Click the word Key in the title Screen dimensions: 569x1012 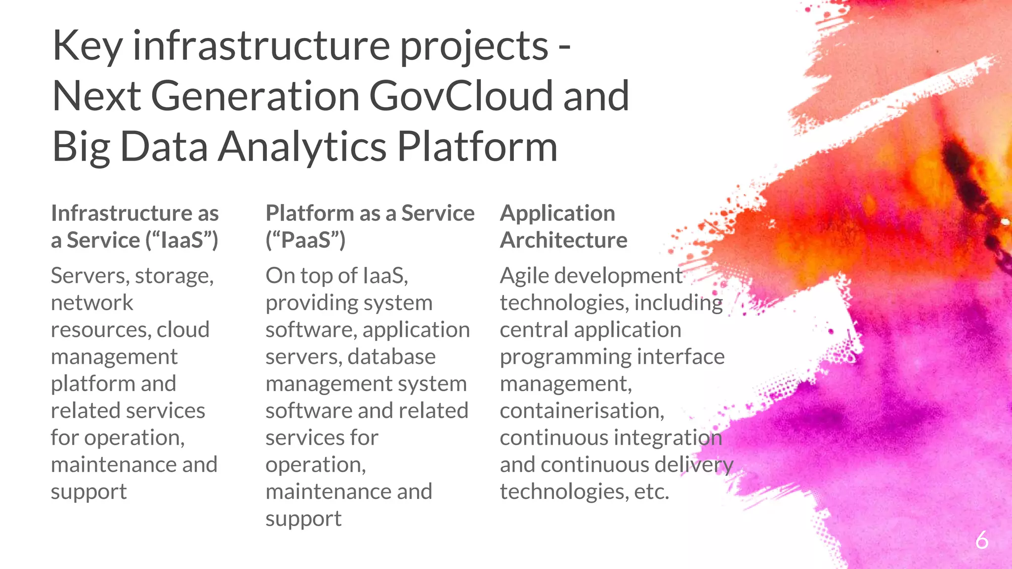(87, 46)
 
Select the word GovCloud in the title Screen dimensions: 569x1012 (461, 96)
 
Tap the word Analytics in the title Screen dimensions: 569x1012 (302, 147)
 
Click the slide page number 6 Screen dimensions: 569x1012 (981, 540)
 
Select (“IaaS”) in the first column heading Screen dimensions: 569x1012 (182, 241)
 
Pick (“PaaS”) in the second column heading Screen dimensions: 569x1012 (305, 241)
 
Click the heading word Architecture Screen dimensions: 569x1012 (563, 241)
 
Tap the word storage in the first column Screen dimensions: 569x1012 (173, 276)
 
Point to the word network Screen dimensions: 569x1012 (92, 303)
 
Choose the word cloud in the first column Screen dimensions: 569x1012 (183, 329)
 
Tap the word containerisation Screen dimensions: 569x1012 (582, 411)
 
